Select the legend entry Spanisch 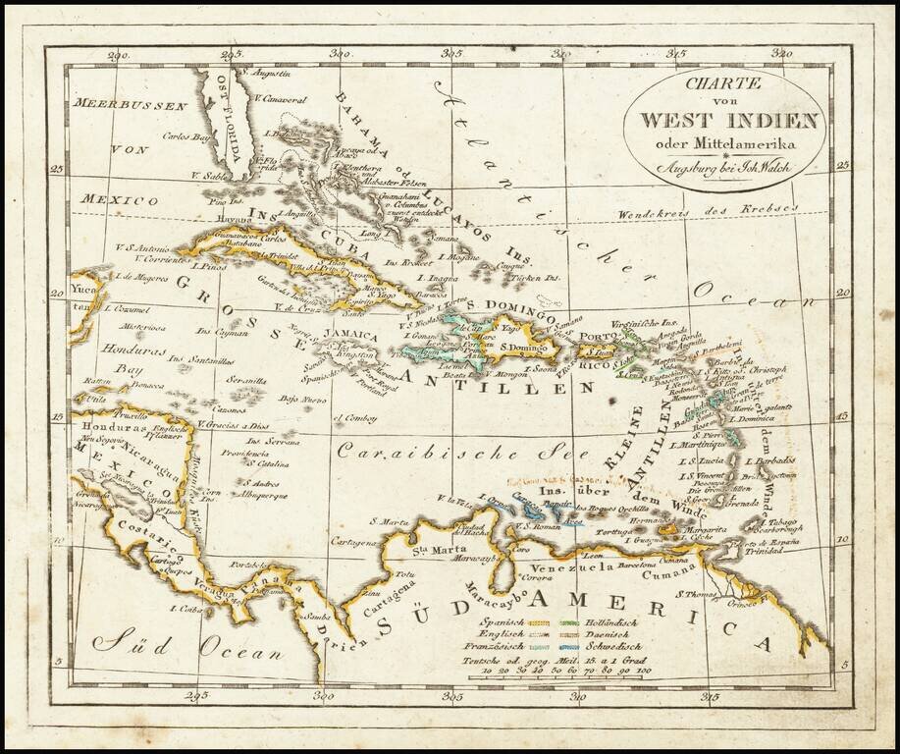pyautogui.click(x=503, y=622)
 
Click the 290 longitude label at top pyautogui.click(x=119, y=55)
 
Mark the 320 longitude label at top pyautogui.click(x=782, y=54)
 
